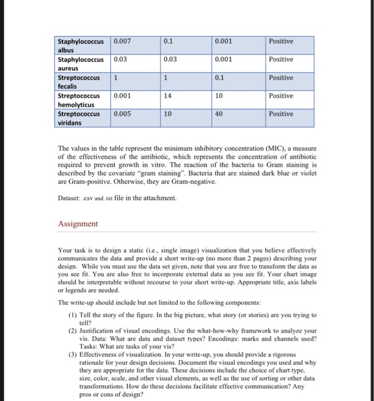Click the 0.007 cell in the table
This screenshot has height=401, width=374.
[x=123, y=41]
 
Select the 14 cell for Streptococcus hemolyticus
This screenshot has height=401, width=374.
[x=167, y=96]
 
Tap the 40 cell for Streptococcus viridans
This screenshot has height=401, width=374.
[x=219, y=114]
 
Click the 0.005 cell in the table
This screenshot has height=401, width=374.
[x=123, y=114]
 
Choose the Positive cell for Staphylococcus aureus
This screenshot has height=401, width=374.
[x=280, y=60]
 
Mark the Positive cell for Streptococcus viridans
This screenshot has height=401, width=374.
[x=280, y=114]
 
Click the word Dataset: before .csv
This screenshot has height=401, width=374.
[x=72, y=198]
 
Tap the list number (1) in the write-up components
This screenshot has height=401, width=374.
[x=72, y=316]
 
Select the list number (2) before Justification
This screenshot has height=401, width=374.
[x=72, y=331]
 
